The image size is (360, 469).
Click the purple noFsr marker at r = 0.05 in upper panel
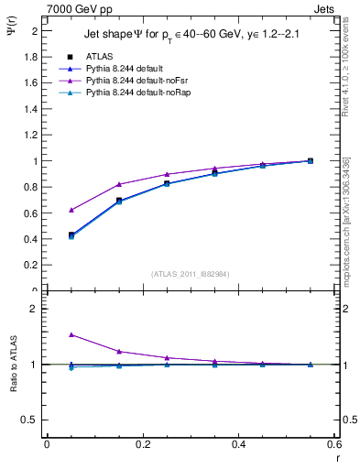pos(71,210)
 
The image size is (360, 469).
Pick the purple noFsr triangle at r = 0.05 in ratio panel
pos(71,335)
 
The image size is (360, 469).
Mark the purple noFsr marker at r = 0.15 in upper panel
pos(119,184)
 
